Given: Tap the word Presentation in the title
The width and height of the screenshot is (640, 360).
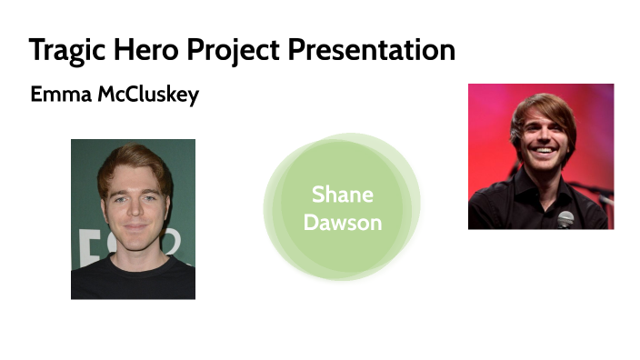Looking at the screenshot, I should [372, 49].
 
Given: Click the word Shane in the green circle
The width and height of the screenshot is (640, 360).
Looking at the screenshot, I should [342, 195].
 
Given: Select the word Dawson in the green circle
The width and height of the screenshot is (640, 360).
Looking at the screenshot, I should [342, 223].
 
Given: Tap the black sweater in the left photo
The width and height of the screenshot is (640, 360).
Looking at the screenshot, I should [134, 277].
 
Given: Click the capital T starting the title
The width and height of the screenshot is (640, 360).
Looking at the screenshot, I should [36, 49].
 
